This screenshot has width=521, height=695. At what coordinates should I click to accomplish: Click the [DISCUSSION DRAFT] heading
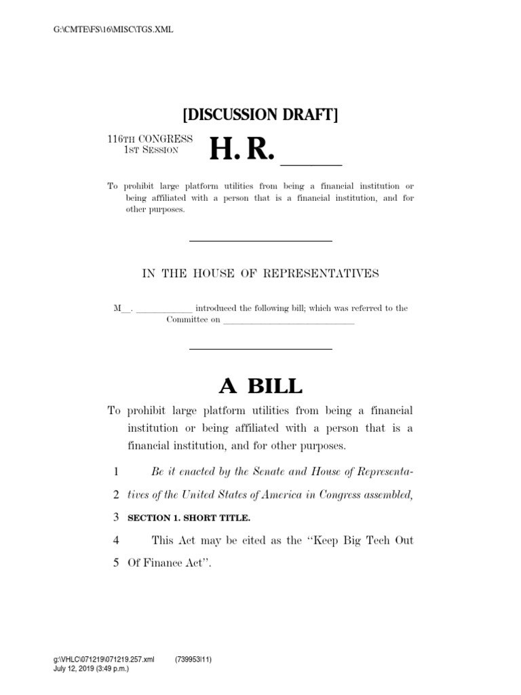coord(260,114)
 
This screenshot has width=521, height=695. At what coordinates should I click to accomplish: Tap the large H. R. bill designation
coord(242,149)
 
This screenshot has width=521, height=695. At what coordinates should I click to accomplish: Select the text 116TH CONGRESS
coord(149,138)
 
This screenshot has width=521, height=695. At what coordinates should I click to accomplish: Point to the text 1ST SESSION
coord(151,149)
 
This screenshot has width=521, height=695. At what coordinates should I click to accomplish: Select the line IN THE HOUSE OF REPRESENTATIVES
coord(260,274)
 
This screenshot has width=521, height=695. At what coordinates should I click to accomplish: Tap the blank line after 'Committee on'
coord(288,320)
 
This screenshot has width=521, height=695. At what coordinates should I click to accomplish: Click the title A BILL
coord(260,386)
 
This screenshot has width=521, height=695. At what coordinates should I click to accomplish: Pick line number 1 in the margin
coord(116,471)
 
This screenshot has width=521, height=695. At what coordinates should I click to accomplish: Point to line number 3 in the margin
coord(116,518)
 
